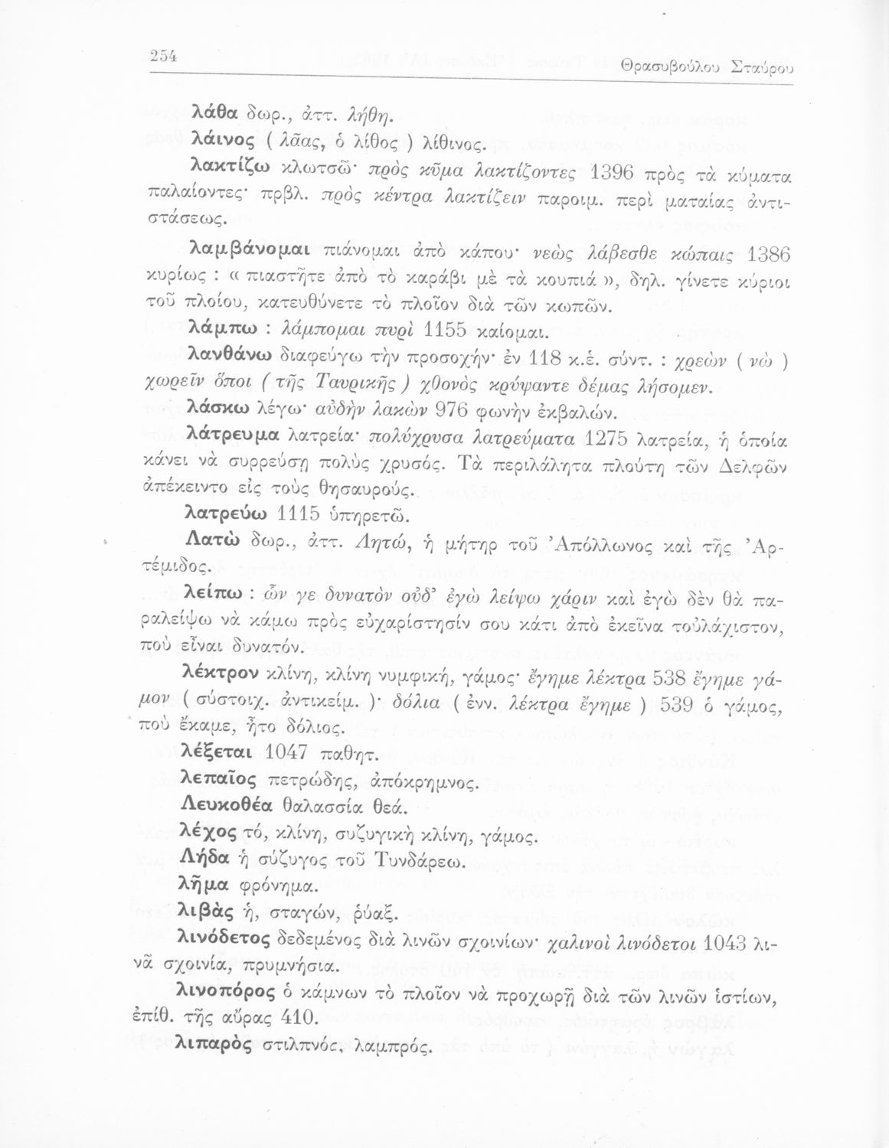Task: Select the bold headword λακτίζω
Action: tap(226, 169)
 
